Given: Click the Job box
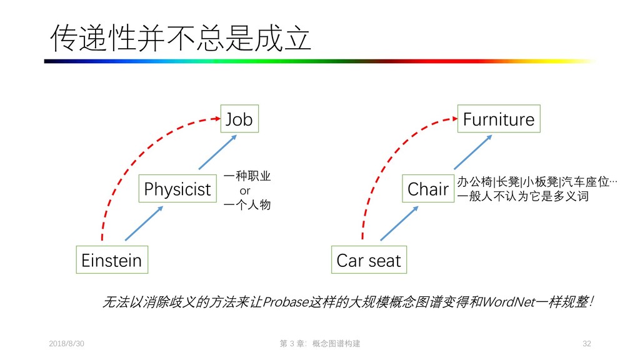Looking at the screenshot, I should coord(239,119).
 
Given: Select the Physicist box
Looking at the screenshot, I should coord(177,189).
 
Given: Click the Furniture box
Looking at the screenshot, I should coord(498,119).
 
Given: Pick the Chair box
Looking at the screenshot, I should coord(428,189).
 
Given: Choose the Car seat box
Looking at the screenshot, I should coord(369,260).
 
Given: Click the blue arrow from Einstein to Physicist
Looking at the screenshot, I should coord(144,223).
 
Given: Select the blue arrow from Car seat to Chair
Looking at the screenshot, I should coord(399,223).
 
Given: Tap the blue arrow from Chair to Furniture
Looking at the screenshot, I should coord(472,152).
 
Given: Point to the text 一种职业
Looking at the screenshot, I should coord(247,177).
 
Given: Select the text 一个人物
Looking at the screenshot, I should coord(247,204).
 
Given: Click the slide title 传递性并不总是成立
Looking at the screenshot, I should coord(181,39).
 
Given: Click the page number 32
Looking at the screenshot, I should coord(586,344).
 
